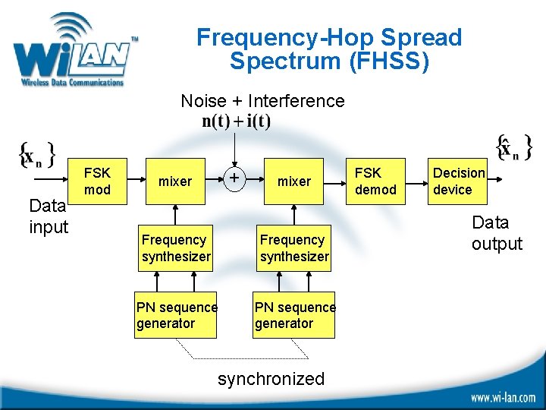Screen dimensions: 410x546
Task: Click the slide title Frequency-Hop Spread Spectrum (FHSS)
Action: (x=328, y=49)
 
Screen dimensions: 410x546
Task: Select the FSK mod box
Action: (x=97, y=181)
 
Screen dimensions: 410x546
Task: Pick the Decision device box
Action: (x=458, y=181)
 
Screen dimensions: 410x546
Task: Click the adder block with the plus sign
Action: (x=236, y=178)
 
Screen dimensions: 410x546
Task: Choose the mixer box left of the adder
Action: (x=175, y=181)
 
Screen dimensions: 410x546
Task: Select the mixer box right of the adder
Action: (x=294, y=181)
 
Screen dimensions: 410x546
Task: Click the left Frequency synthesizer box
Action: (x=175, y=248)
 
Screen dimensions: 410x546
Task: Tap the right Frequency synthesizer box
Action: (x=294, y=248)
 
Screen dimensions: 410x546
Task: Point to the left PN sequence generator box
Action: (x=176, y=315)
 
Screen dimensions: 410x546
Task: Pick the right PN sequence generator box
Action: (x=294, y=315)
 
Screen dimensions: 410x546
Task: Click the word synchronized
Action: (x=271, y=379)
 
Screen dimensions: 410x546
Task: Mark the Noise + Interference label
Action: (x=262, y=101)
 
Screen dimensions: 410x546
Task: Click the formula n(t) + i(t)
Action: (x=237, y=121)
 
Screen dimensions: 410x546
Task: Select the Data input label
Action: (x=49, y=216)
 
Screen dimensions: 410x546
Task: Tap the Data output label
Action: (x=497, y=233)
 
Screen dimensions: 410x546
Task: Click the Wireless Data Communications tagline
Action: (x=71, y=83)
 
